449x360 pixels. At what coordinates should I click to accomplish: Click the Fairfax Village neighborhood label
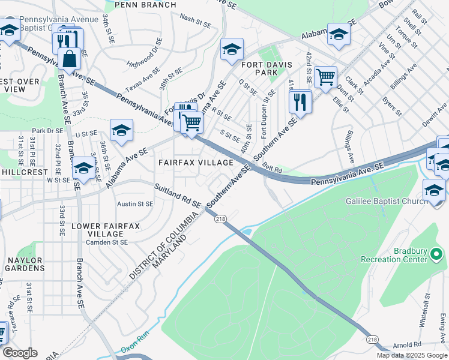click(195, 163)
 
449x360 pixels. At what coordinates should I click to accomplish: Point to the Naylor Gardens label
click(25, 265)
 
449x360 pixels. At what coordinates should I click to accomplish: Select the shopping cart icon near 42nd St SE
click(325, 77)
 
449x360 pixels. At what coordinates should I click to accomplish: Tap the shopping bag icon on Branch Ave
click(70, 59)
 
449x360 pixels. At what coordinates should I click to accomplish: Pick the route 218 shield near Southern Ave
click(219, 220)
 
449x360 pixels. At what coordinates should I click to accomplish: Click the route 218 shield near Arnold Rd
click(372, 340)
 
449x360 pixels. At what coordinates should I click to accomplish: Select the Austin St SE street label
click(135, 204)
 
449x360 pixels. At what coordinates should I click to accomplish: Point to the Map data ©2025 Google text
click(411, 355)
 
